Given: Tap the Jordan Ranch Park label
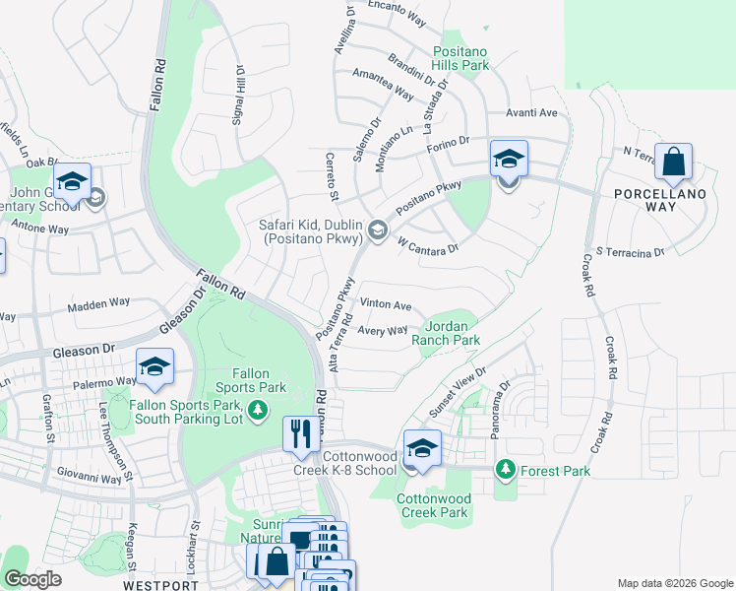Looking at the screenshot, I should point(452,333).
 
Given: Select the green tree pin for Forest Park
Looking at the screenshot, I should point(506,469).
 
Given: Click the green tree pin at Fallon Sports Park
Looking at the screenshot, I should point(258,409).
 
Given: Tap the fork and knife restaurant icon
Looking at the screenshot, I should point(299,433).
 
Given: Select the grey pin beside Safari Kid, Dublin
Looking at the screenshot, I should point(376,230).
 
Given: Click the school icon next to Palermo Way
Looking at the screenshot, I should point(154,367).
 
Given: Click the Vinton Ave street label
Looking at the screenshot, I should point(386,305).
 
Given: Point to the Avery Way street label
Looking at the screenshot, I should point(382,331).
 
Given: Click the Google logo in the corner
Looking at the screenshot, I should point(33,579).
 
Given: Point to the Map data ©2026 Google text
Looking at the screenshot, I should point(673,582).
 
